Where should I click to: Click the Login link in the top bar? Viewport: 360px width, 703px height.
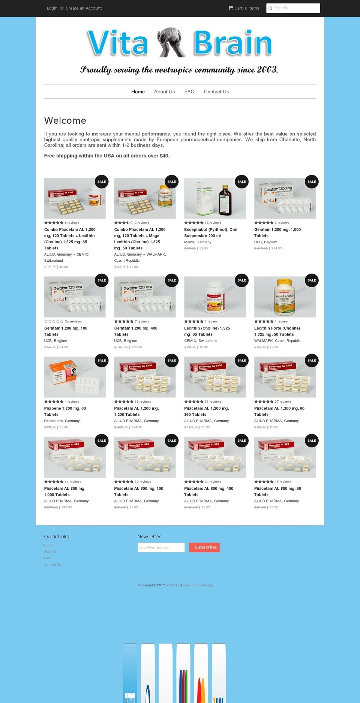click(52, 8)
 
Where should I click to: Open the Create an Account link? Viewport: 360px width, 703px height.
click(84, 8)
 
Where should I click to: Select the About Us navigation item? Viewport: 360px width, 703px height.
click(164, 91)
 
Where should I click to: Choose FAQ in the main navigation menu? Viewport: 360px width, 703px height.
click(189, 91)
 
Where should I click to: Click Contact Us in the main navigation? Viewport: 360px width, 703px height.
click(216, 91)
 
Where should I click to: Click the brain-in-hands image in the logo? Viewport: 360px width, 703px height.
click(171, 42)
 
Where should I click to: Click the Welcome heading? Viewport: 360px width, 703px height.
click(65, 120)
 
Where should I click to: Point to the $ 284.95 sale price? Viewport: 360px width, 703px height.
click(275, 248)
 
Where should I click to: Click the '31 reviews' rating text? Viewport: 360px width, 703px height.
click(213, 402)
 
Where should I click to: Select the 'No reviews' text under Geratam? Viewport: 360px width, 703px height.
click(73, 321)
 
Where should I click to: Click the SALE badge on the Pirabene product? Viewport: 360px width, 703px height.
click(102, 361)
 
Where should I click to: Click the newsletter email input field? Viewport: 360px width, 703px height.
click(161, 547)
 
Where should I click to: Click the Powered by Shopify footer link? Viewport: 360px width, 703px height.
click(198, 585)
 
